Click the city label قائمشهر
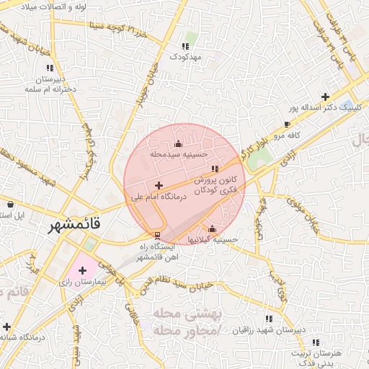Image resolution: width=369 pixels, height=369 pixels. pyautogui.click(x=75, y=226)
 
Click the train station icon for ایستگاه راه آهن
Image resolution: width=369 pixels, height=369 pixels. pyautogui.click(x=158, y=236)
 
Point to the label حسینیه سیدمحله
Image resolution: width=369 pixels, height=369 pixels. pyautogui.click(x=179, y=154)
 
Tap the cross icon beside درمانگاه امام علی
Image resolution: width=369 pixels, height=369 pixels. pyautogui.click(x=159, y=186)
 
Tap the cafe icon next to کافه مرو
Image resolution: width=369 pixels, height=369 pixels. pyautogui.click(x=287, y=124)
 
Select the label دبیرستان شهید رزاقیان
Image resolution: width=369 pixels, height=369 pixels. pyautogui.click(x=269, y=329)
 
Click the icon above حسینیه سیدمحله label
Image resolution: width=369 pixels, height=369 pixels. pyautogui.click(x=179, y=144)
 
